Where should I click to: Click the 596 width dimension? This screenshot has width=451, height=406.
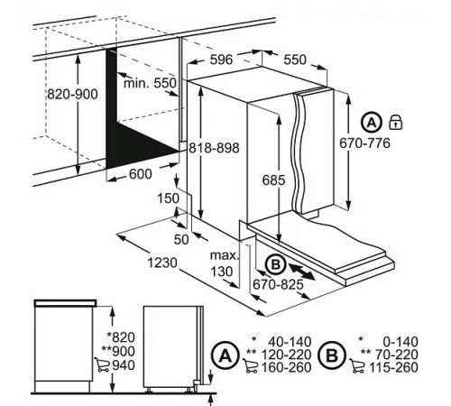pyautogui.click(x=221, y=60)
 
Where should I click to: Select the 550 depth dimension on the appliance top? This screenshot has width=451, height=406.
pyautogui.click(x=295, y=60)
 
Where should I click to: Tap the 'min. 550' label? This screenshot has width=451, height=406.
pyautogui.click(x=150, y=83)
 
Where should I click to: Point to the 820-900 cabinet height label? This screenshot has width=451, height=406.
pyautogui.click(x=72, y=95)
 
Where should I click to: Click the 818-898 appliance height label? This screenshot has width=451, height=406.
pyautogui.click(x=214, y=148)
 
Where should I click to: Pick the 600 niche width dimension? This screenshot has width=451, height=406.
pyautogui.click(x=141, y=174)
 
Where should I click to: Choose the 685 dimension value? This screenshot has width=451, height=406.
pyautogui.click(x=273, y=180)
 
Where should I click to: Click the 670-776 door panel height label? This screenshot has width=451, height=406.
pyautogui.click(x=364, y=143)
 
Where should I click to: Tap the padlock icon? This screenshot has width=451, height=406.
pyautogui.click(x=396, y=122)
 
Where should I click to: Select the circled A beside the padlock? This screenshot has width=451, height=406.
pyautogui.click(x=372, y=123)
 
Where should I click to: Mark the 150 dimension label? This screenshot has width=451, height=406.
pyautogui.click(x=168, y=198)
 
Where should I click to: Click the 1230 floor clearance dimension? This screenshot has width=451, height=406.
pyautogui.click(x=162, y=263)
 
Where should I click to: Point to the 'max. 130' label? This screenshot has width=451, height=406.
pyautogui.click(x=225, y=263)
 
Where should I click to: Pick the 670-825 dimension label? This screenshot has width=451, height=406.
pyautogui.click(x=278, y=284)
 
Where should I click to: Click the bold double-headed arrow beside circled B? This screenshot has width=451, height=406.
pyautogui.click(x=301, y=271)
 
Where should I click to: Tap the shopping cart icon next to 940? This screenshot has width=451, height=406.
pyautogui.click(x=102, y=364)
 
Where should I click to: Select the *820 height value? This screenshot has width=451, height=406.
pyautogui.click(x=121, y=337)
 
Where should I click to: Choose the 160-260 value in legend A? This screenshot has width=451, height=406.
pyautogui.click(x=286, y=367)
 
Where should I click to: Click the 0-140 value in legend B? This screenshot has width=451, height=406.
pyautogui.click(x=400, y=342)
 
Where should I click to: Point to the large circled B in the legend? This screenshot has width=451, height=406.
pyautogui.click(x=332, y=355)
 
